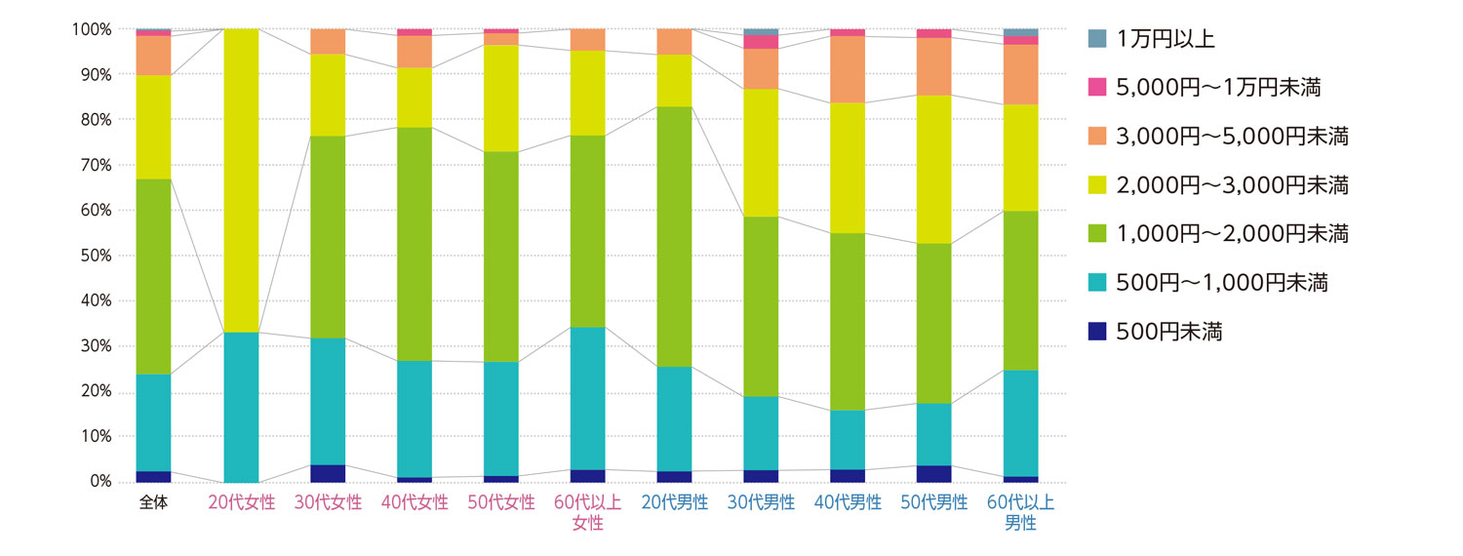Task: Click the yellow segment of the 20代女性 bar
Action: click(241, 180)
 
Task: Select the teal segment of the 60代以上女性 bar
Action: click(587, 398)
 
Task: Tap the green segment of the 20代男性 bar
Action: click(674, 236)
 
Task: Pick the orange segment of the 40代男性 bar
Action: click(848, 69)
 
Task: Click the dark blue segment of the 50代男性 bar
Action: click(934, 474)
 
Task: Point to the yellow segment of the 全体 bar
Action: click(153, 127)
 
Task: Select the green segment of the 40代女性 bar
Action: click(415, 244)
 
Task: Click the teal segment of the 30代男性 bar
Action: click(761, 433)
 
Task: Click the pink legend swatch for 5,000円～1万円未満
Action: click(1097, 88)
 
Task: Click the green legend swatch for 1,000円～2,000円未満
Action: click(1097, 234)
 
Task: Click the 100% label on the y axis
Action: click(94, 29)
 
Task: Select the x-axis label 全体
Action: click(153, 503)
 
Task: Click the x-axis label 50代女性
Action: click(500, 503)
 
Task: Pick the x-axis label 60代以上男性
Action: click(1021, 513)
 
